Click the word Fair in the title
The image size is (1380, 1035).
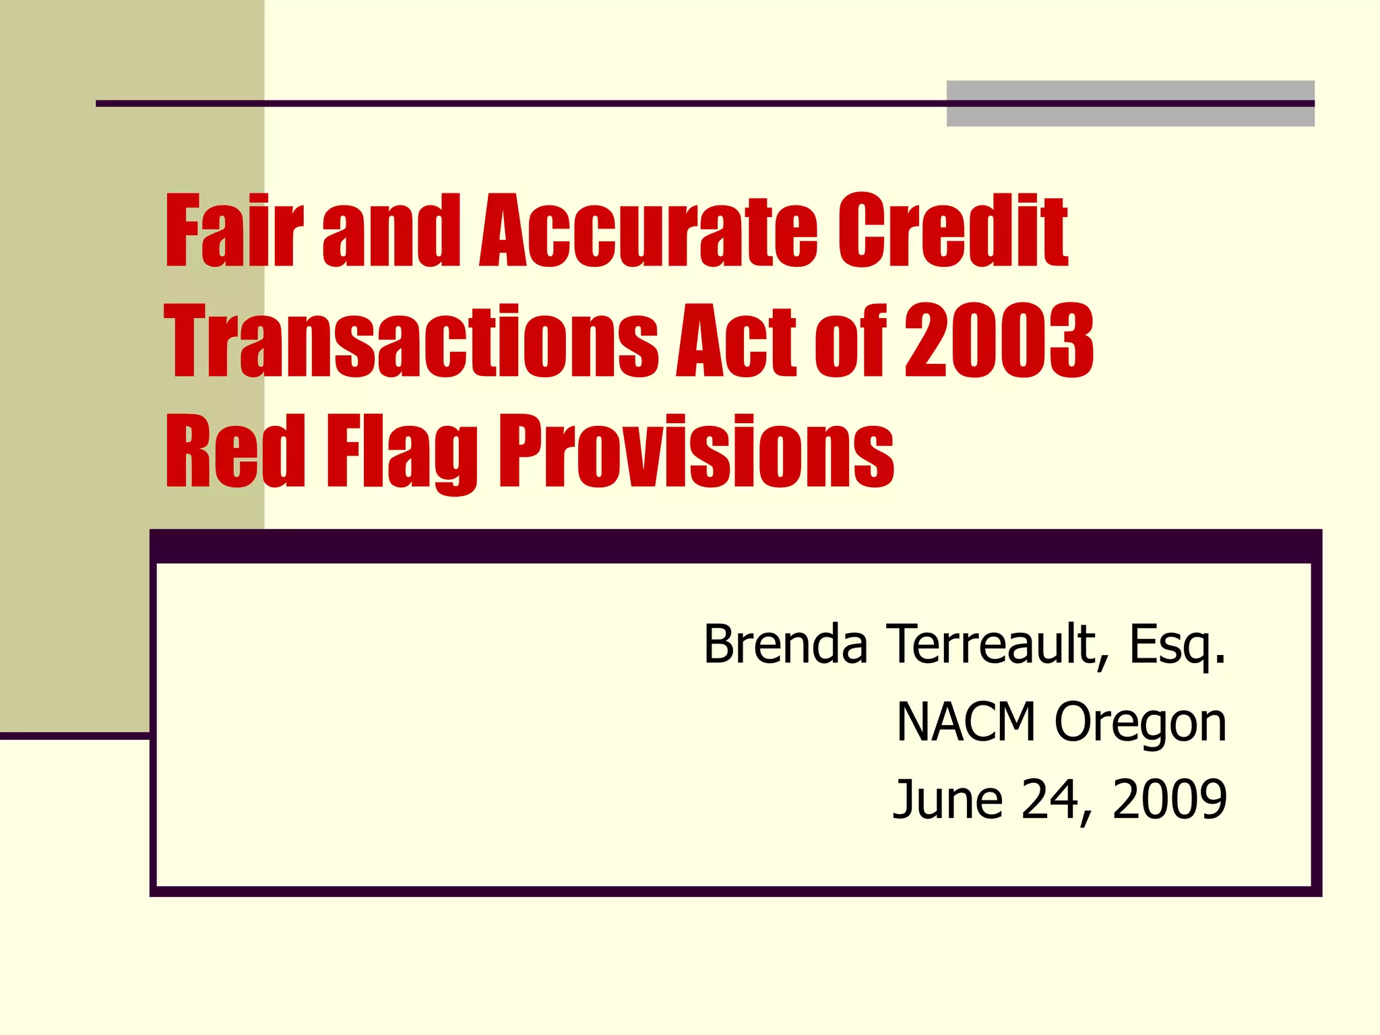(233, 230)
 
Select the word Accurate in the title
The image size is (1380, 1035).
(648, 230)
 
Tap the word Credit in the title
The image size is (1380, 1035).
(951, 230)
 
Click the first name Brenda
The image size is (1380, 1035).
(785, 644)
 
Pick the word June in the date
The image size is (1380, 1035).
(947, 799)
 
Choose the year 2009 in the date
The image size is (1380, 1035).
(1169, 799)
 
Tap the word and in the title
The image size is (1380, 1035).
(391, 230)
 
